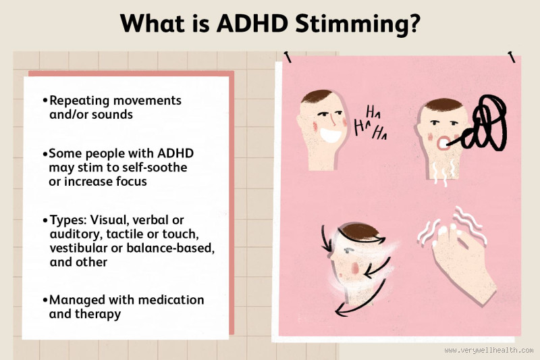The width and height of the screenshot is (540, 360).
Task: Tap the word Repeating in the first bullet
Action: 82,100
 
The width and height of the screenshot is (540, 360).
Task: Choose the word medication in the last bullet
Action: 170,299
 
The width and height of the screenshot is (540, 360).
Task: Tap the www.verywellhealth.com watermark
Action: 489,351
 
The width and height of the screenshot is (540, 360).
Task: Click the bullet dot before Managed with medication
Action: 45,299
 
